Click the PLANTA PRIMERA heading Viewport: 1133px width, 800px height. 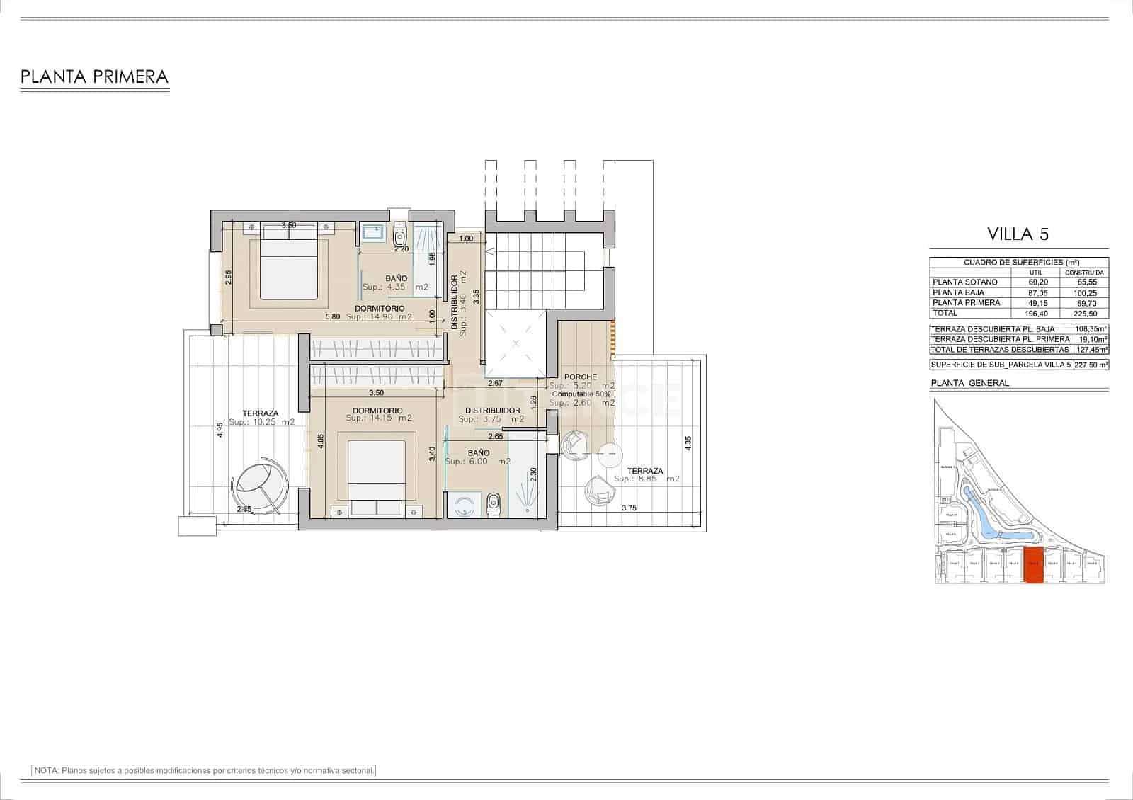click(94, 76)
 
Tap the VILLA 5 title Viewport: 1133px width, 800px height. click(1018, 234)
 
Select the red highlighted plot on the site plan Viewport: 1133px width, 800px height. click(1034, 565)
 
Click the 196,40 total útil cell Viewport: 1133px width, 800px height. click(1038, 313)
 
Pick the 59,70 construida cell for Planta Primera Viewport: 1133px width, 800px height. click(1086, 303)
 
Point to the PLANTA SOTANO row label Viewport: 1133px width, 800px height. click(965, 282)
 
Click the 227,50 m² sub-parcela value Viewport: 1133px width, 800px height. click(1091, 365)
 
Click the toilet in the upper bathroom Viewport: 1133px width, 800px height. click(400, 234)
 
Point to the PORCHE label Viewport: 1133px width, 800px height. click(581, 377)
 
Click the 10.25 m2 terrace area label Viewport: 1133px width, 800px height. click(261, 422)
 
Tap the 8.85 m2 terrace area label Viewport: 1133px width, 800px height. click(647, 479)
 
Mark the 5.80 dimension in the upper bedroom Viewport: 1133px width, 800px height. click(333, 316)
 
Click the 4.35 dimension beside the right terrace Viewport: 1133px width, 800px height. click(688, 444)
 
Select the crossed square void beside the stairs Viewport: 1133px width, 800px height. click(516, 343)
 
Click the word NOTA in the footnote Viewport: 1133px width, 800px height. click(46, 770)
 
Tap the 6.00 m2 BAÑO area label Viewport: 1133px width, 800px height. click(477, 462)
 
